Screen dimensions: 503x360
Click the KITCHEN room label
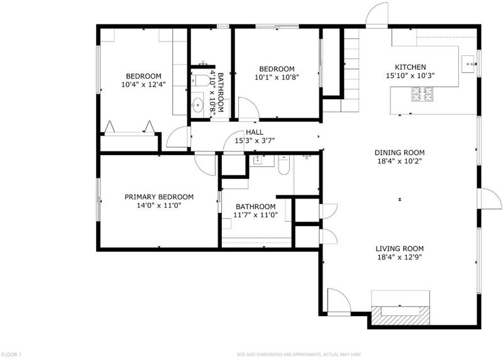click(x=411, y=67)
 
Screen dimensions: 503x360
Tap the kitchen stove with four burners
click(x=422, y=94)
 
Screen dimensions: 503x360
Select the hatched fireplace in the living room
click(x=401, y=315)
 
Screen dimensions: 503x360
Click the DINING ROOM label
click(x=399, y=153)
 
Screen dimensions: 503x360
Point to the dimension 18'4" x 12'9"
click(x=399, y=257)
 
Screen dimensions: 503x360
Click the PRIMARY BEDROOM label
click(x=159, y=197)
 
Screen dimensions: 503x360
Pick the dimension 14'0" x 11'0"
click(x=159, y=205)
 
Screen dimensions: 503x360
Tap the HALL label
click(x=255, y=132)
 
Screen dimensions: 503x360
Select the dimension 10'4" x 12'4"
click(x=143, y=85)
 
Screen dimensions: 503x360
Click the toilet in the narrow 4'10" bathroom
click(x=199, y=80)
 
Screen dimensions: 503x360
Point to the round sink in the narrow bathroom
click(x=198, y=105)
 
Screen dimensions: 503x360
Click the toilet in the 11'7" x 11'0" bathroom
click(x=284, y=165)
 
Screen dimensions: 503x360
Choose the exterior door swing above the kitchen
click(x=377, y=13)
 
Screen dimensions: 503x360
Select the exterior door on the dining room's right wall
click(x=490, y=199)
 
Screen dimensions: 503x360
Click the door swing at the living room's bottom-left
click(x=339, y=300)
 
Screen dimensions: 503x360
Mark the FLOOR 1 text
click(x=11, y=354)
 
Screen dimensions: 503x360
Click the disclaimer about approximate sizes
click(x=299, y=354)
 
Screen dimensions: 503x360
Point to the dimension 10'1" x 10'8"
click(x=277, y=77)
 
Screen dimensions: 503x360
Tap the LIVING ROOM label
click(x=399, y=248)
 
